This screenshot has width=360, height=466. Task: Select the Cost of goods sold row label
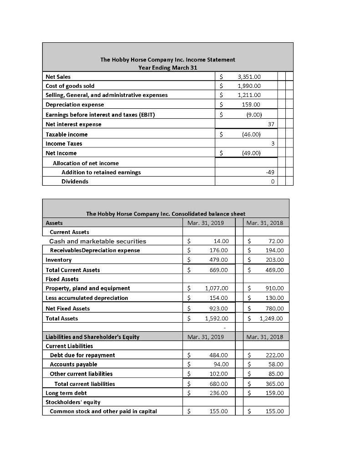coord(70,86)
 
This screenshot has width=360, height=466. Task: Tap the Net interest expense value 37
coord(272,124)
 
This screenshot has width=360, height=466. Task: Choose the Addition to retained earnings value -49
coord(271,172)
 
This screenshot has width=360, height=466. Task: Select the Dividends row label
coord(75,181)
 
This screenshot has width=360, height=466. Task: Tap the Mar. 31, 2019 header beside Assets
coord(206,223)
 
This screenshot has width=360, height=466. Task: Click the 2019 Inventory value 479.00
coord(220,259)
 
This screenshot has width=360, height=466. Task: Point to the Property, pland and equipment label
coord(88,288)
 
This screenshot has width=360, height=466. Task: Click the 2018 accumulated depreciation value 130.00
coord(274,298)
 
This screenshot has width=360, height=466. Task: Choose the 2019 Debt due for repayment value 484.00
coord(220,355)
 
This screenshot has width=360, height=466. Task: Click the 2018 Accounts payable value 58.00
coord(276,364)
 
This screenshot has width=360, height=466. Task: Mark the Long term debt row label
coord(66,392)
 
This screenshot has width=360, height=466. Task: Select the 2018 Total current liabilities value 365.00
coord(274,384)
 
